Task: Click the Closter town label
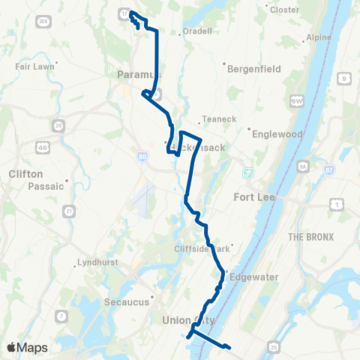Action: pos(284,10)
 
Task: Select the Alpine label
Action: pos(319,38)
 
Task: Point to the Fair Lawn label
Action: pos(31,66)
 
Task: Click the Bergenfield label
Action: pos(255,68)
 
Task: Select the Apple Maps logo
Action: pos(27,347)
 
